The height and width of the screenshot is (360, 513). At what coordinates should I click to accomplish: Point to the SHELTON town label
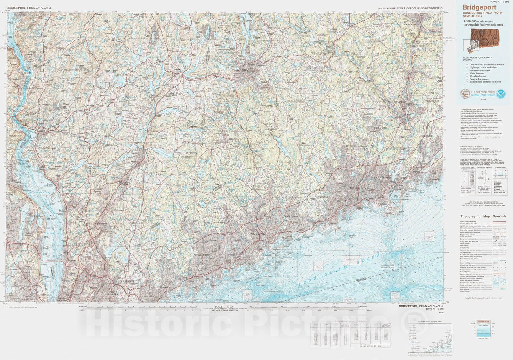click(381, 128)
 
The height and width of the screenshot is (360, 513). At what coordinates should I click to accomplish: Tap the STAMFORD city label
click(203, 255)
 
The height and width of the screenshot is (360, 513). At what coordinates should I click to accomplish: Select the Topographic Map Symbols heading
click(483, 216)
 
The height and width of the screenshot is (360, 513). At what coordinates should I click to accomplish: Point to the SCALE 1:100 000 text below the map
click(222, 307)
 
